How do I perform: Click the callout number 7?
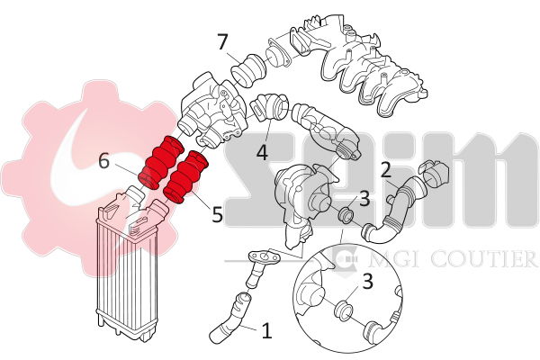[x=222, y=42]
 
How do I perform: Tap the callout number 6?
[x=104, y=161]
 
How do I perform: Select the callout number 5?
[x=217, y=214]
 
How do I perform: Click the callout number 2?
[x=386, y=171]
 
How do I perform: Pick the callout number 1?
[x=267, y=330]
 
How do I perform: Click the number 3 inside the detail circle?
[x=368, y=282]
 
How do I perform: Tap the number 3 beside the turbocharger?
[x=364, y=199]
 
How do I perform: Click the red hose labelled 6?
[x=160, y=163]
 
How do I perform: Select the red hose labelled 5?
[x=185, y=176]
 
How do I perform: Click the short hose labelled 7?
[x=248, y=70]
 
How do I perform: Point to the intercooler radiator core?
[x=127, y=272]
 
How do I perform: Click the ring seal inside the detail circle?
[x=344, y=310]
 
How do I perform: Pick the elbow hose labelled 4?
[x=271, y=106]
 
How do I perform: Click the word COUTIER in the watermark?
[x=484, y=258]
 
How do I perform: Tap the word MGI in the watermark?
[x=396, y=258]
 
